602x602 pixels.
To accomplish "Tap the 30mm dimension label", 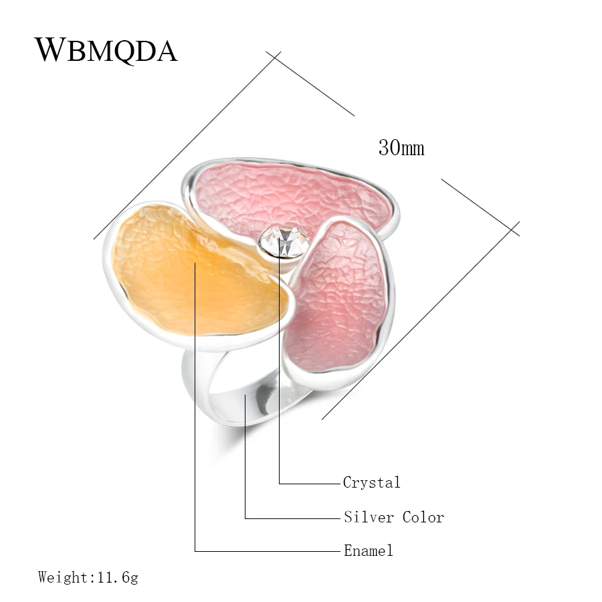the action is point(401,147).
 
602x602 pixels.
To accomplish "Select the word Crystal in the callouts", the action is point(371,482).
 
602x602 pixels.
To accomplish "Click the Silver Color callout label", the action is point(393,517).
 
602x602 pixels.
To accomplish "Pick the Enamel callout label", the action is point(368,551).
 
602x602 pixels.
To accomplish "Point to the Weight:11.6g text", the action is point(88,577).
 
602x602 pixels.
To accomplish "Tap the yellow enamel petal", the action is point(194,274).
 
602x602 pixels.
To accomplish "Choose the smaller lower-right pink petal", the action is point(334,294).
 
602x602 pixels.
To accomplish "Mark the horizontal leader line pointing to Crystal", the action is point(308,483).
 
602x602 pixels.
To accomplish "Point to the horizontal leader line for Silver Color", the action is point(291,518).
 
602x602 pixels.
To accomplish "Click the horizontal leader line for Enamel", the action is point(268,552).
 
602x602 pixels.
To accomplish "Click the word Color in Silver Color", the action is point(423,517).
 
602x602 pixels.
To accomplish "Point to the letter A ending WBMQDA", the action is point(165,51).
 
